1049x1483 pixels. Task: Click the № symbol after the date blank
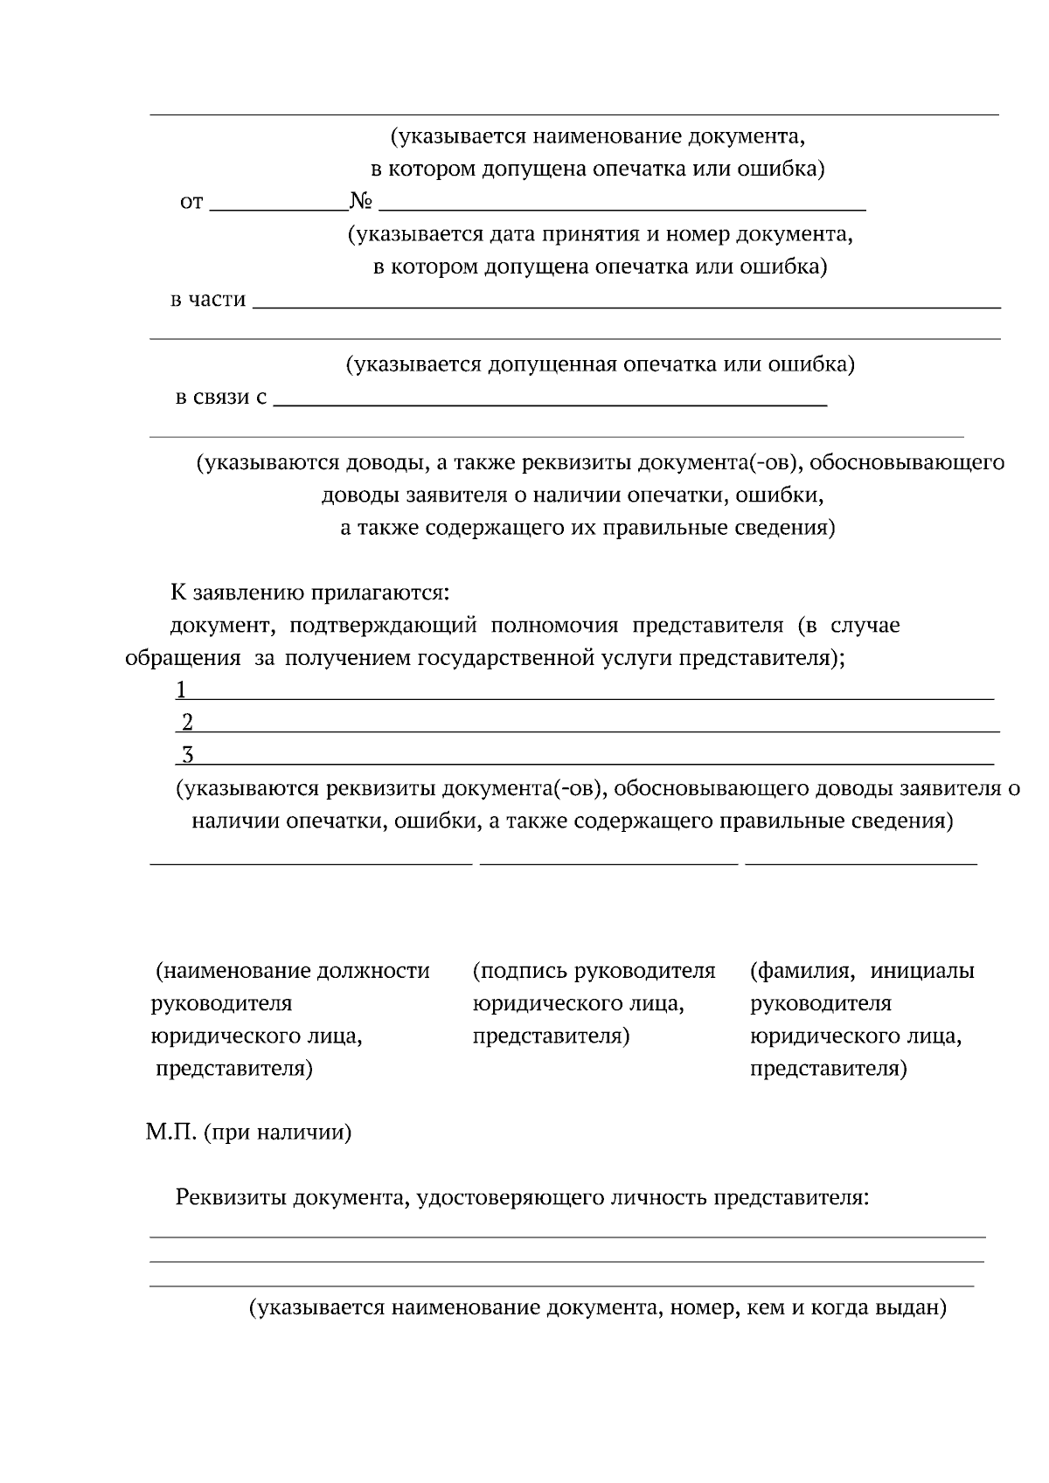coord(361,202)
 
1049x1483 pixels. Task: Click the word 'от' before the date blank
coord(191,203)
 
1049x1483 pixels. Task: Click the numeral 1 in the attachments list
coord(181,690)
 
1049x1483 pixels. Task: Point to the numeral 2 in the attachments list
coord(187,723)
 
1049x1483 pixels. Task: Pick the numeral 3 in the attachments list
coord(187,755)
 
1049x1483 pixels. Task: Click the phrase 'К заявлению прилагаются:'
coord(309,593)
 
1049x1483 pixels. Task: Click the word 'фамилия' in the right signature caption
coord(803,971)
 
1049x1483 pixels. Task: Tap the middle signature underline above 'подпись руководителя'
coord(609,863)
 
